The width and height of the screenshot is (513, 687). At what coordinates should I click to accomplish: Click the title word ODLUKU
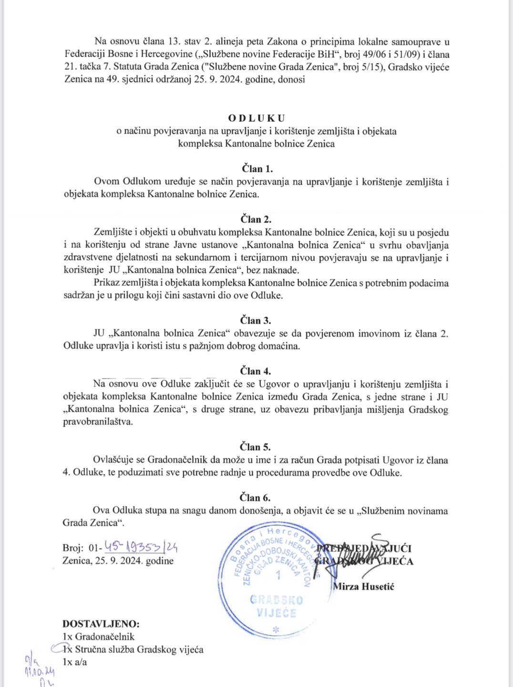(x=256, y=118)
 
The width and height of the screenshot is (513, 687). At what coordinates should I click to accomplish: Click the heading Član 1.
(x=256, y=168)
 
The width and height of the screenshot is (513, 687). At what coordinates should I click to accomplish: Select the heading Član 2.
(x=256, y=219)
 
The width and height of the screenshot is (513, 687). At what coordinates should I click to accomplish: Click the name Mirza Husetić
(x=363, y=586)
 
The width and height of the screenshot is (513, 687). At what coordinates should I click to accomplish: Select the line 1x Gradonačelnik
(x=98, y=636)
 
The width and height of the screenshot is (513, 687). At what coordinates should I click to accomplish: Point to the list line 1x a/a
(x=74, y=662)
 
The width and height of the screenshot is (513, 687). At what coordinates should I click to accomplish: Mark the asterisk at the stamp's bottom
(x=275, y=630)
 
